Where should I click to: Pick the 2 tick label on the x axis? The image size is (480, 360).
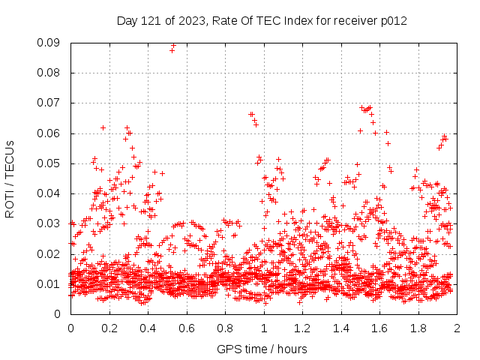point(456,328)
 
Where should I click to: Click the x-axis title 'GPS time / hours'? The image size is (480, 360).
point(262,349)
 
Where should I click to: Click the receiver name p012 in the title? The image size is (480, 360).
point(392,20)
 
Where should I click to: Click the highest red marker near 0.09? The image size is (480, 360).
point(173,45)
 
